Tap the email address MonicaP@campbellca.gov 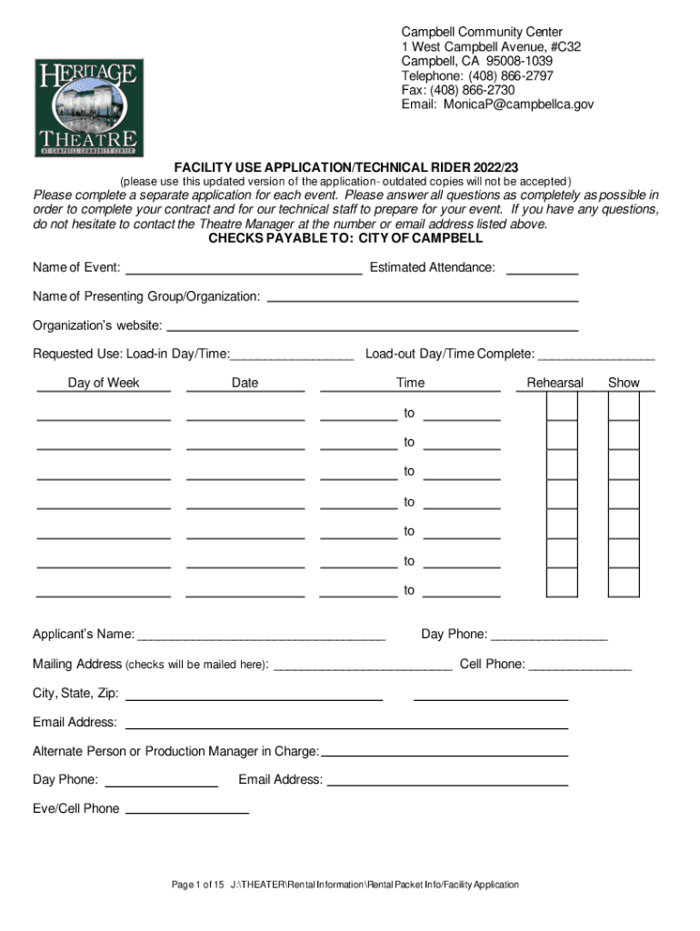[519, 105]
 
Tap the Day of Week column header [104, 383]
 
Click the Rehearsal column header [555, 383]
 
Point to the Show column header [624, 383]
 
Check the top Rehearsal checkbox [562, 406]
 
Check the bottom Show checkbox [624, 583]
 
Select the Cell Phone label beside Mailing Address [492, 664]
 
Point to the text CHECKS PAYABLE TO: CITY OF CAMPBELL [345, 238]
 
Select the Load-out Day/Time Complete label [450, 354]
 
